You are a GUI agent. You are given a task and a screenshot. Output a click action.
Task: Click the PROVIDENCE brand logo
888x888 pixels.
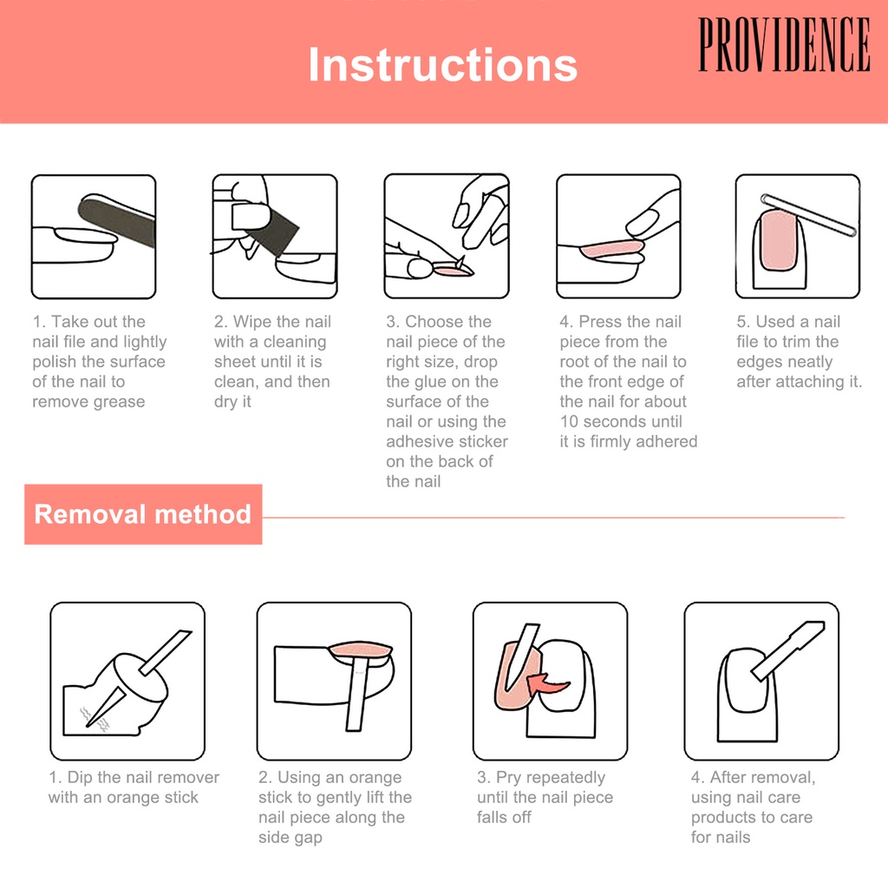coord(784,44)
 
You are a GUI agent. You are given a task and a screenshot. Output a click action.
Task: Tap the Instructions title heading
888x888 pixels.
coord(442,64)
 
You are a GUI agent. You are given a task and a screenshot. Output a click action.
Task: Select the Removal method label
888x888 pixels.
coord(143,514)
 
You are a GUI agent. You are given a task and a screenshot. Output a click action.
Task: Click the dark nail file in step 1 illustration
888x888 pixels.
coord(116,221)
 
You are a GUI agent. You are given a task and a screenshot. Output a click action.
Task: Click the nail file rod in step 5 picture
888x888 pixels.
coord(808,215)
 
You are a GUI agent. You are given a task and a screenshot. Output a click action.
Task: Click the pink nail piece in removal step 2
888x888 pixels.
coord(361,650)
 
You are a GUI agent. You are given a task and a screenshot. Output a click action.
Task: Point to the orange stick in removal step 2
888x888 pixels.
coord(356,695)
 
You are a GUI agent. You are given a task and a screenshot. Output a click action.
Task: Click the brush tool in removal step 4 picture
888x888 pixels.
coord(787,650)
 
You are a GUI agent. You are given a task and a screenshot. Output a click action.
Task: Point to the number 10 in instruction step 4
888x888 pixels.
coord(569,422)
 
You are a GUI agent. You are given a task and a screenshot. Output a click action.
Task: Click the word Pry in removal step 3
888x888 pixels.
coord(508,778)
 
